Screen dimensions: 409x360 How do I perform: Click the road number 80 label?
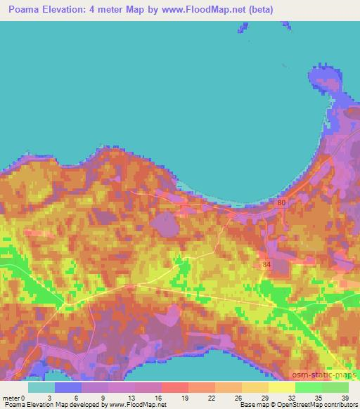click(281, 202)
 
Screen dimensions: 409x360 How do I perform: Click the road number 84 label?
click(265, 264)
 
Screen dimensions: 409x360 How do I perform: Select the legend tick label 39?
click(344, 397)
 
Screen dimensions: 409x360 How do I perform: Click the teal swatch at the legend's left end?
click(41, 387)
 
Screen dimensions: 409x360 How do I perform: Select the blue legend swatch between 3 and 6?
click(68, 387)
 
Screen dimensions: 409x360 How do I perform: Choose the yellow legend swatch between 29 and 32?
click(283, 387)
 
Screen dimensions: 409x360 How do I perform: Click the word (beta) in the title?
click(257, 10)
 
